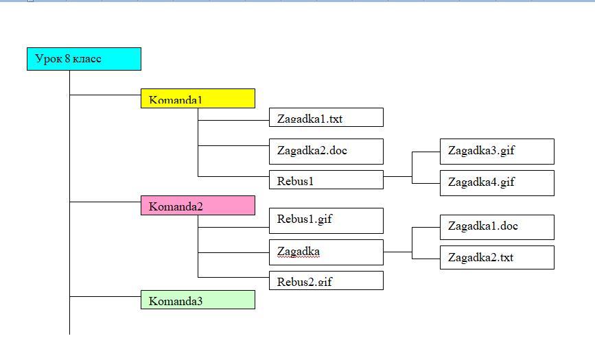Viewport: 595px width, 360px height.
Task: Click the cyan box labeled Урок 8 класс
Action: (x=84, y=59)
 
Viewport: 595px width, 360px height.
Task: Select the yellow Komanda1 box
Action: (x=198, y=99)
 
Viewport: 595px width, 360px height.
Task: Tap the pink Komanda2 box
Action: (x=198, y=206)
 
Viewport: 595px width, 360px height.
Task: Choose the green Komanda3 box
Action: (x=198, y=300)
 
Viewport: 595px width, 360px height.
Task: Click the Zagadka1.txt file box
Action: (x=326, y=117)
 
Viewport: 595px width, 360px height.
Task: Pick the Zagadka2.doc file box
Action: (x=326, y=152)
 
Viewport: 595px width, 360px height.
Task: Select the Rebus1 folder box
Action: (x=326, y=180)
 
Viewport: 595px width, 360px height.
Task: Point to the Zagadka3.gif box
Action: (x=497, y=152)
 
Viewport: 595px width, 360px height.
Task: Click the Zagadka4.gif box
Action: (x=497, y=183)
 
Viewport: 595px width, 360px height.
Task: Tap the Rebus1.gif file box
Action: (x=326, y=220)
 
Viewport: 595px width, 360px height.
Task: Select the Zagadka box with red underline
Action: (x=326, y=252)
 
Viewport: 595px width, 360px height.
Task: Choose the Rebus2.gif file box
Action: (x=326, y=280)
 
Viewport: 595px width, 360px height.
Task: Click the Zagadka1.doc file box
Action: (x=497, y=227)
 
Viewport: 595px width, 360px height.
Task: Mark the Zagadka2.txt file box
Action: (x=497, y=257)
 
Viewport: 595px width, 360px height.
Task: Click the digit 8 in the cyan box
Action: (x=67, y=58)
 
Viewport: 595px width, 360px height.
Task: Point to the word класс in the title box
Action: (x=87, y=59)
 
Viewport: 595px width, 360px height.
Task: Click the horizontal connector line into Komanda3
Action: (x=105, y=297)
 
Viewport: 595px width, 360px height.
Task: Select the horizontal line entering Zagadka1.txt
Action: (x=233, y=120)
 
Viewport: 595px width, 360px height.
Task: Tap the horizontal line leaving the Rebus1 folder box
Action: (x=397, y=176)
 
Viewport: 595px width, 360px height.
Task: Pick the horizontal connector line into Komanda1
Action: (x=105, y=95)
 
